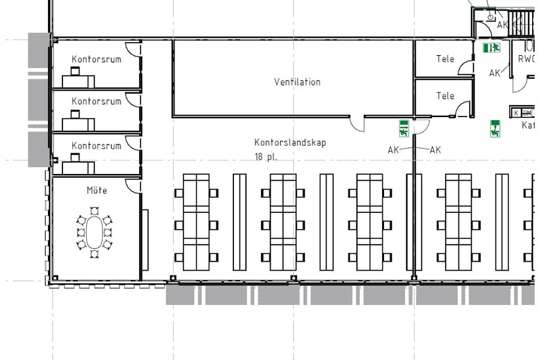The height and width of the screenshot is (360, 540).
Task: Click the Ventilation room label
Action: click(297, 82)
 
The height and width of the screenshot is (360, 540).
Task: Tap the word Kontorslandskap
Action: click(290, 143)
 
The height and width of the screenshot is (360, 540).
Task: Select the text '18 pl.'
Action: click(266, 157)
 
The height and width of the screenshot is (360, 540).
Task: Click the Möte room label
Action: click(97, 190)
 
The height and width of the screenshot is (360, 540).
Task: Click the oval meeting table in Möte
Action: click(94, 232)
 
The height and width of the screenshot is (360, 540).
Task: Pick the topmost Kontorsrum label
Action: click(96, 59)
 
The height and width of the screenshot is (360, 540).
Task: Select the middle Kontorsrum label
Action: click(96, 101)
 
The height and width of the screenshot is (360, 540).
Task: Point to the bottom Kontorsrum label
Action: click(96, 146)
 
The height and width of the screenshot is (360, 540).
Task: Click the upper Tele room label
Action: click(445, 59)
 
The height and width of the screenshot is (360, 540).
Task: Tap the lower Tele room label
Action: click(445, 96)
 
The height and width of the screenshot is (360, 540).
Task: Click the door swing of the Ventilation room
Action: click(358, 124)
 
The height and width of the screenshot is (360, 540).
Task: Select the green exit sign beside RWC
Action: click(491, 47)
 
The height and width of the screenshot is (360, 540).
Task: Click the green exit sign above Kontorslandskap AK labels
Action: click(404, 127)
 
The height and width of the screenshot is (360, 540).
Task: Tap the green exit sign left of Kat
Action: click(495, 128)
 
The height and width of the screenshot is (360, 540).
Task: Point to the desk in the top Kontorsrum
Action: click(78, 80)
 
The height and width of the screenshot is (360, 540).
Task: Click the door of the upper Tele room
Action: click(466, 67)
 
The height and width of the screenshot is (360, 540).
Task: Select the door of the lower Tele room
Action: click(462, 109)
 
